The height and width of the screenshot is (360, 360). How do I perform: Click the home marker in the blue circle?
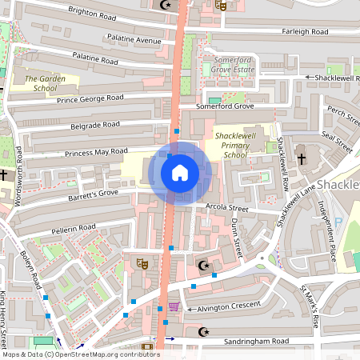tap(180, 172)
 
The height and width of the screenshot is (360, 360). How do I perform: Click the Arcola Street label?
tap(227, 209)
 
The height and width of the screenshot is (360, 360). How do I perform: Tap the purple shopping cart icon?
tap(174, 306)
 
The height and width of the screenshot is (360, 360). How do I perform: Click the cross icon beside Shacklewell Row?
tap(302, 158)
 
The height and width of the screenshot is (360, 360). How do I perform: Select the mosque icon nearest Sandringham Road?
tap(202, 331)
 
